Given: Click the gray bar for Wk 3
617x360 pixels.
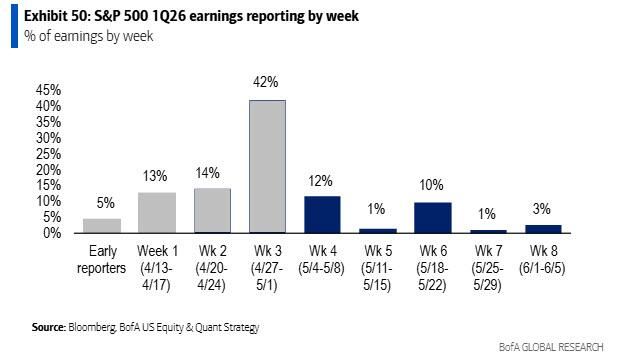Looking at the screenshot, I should pyautogui.click(x=267, y=166).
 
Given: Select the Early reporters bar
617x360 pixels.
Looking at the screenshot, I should pyautogui.click(x=103, y=225).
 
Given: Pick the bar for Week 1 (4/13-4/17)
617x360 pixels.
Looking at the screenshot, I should pyautogui.click(x=157, y=212).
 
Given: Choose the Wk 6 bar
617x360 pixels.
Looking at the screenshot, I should pyautogui.click(x=431, y=217).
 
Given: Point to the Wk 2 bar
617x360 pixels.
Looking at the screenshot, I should pyautogui.click(x=212, y=210).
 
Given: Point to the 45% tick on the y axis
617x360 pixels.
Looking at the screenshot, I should pyautogui.click(x=48, y=89).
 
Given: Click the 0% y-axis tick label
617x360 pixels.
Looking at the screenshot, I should pyautogui.click(x=52, y=232).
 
